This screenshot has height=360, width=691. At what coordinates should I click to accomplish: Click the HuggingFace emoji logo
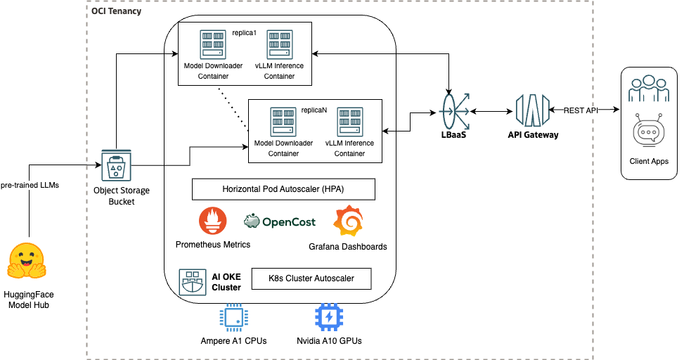[27, 261]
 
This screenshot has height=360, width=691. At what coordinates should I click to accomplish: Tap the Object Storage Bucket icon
[117, 167]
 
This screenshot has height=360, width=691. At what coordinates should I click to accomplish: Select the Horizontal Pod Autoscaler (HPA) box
[283, 190]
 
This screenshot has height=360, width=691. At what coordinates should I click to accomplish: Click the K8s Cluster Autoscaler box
[311, 278]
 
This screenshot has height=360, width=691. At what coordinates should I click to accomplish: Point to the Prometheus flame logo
[212, 221]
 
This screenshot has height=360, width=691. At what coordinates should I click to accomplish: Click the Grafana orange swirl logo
[347, 221]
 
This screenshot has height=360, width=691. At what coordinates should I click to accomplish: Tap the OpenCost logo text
[280, 221]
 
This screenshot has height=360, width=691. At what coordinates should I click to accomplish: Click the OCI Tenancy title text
[117, 12]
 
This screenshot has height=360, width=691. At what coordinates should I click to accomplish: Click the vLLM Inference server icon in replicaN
[349, 122]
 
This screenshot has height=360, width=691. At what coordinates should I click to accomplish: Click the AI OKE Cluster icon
[192, 280]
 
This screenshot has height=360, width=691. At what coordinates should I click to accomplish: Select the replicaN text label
[314, 110]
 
